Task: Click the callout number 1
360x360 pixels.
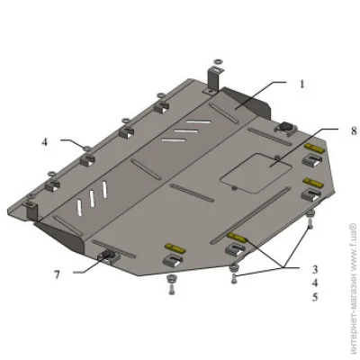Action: click(302, 84)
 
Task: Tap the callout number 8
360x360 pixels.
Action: click(354, 130)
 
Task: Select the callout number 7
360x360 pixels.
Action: click(57, 274)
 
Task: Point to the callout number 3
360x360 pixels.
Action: click(315, 269)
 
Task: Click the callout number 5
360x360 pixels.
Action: click(315, 297)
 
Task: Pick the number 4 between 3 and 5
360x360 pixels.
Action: click(315, 283)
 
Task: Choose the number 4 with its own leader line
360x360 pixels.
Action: click(45, 142)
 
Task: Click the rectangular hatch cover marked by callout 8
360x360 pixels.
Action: click(256, 173)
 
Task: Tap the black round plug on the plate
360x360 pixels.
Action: click(285, 126)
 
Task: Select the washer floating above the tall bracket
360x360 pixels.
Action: click(217, 61)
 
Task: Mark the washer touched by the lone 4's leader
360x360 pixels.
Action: click(87, 148)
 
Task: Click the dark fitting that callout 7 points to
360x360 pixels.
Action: click(108, 256)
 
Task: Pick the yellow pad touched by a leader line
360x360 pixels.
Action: click(237, 237)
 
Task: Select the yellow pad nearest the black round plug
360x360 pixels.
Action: click(314, 148)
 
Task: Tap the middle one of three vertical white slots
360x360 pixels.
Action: click(92, 199)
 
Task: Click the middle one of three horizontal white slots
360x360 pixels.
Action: click(186, 131)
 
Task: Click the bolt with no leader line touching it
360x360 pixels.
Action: click(172, 283)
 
